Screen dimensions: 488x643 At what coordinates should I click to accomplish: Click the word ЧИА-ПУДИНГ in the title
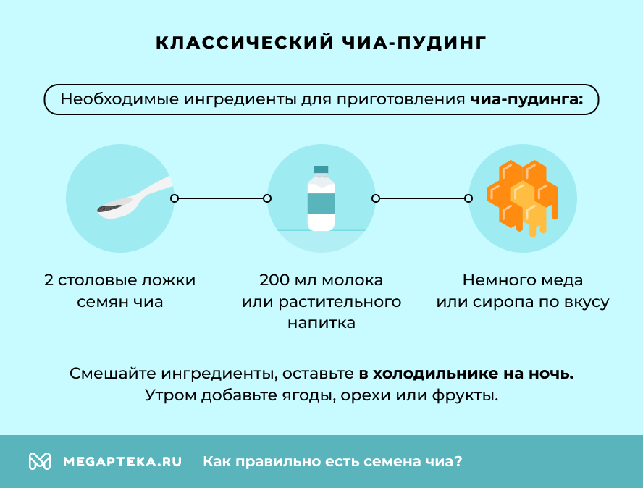point(412,43)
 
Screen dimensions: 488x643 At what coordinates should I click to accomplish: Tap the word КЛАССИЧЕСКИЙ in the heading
point(244,43)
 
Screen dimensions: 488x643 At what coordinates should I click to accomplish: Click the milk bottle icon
point(321,200)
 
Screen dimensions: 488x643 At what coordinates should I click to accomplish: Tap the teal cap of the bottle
point(321,171)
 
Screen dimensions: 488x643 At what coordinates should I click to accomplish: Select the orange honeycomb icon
point(522,196)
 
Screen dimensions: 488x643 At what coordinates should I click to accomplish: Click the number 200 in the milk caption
point(274,280)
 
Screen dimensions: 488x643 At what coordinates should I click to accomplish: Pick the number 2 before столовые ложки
point(49,280)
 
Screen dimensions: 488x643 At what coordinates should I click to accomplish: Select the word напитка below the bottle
point(321,323)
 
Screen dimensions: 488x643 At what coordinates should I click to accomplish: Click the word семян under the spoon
point(102,302)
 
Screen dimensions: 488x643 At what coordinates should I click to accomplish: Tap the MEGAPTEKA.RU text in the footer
point(122,461)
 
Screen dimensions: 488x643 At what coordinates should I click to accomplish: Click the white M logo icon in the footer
point(40,461)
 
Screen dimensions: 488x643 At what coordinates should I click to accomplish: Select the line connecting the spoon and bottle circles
point(221,198)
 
